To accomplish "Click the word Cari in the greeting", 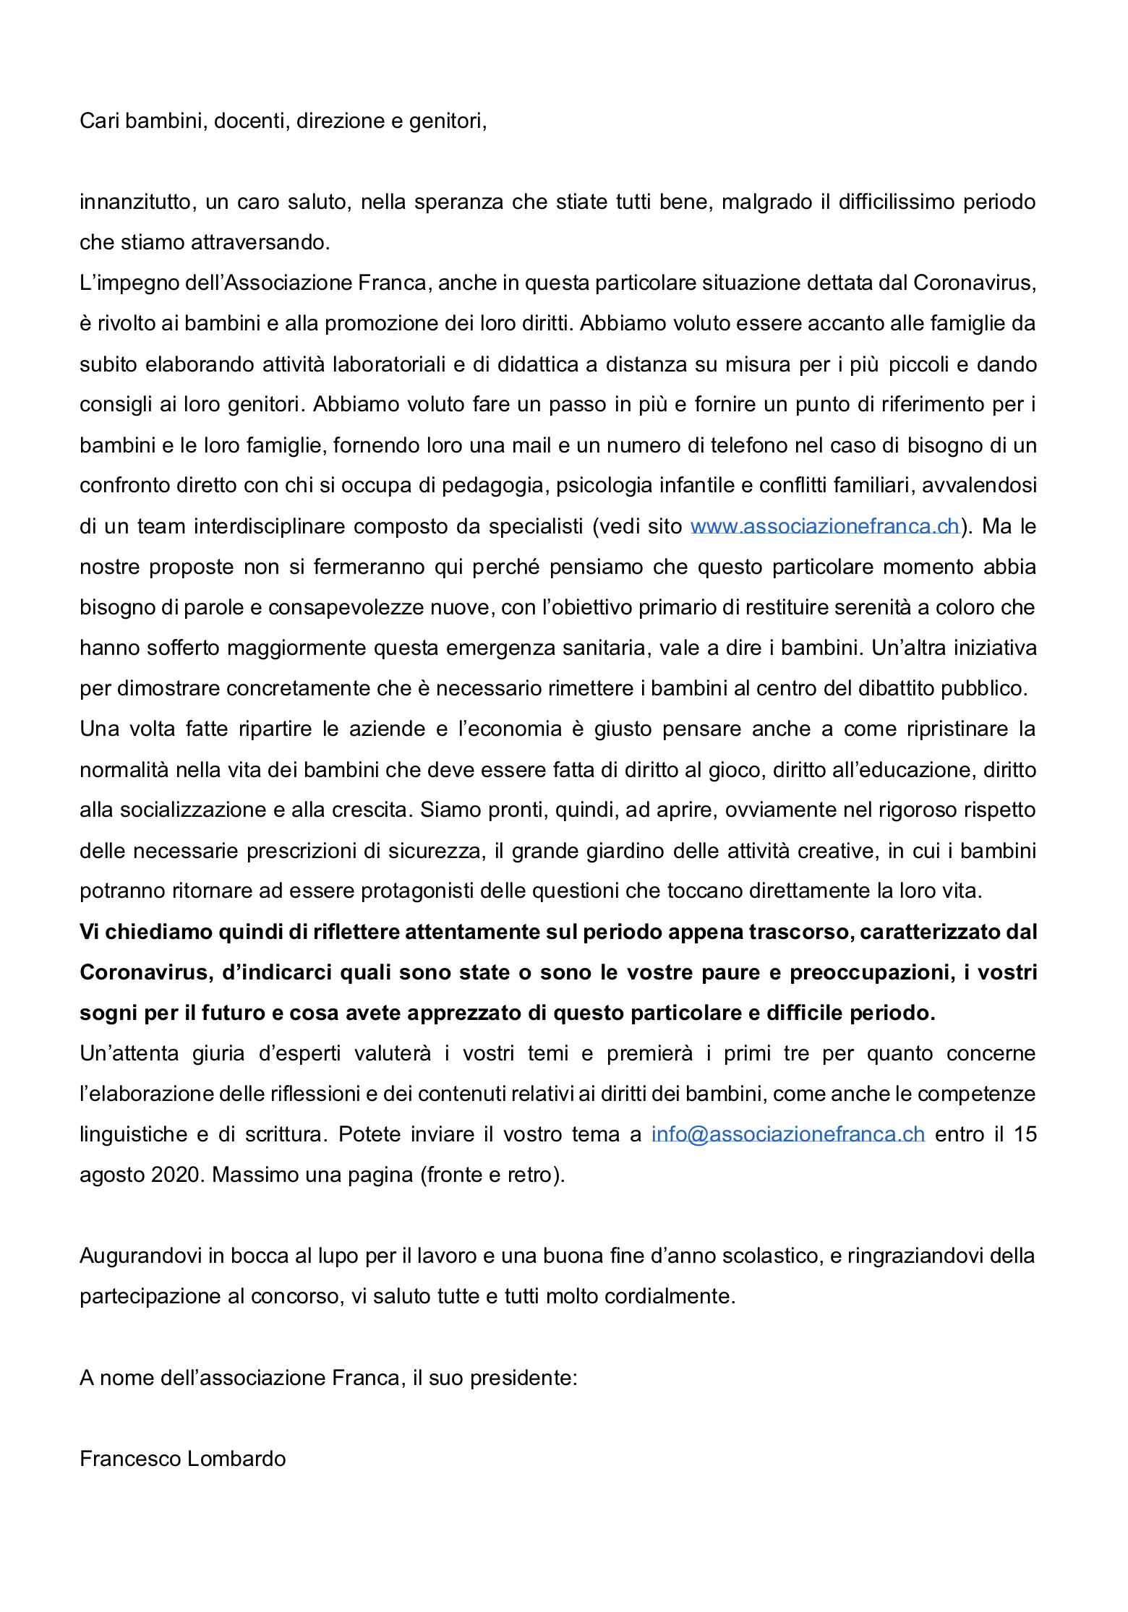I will click(x=99, y=121).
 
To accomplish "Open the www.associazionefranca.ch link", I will click(x=824, y=526).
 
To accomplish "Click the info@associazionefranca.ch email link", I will click(x=788, y=1134).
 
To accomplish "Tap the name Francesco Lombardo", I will click(x=182, y=1459).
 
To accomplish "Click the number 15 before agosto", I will click(x=1025, y=1134).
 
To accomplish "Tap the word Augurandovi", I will click(x=140, y=1256).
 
